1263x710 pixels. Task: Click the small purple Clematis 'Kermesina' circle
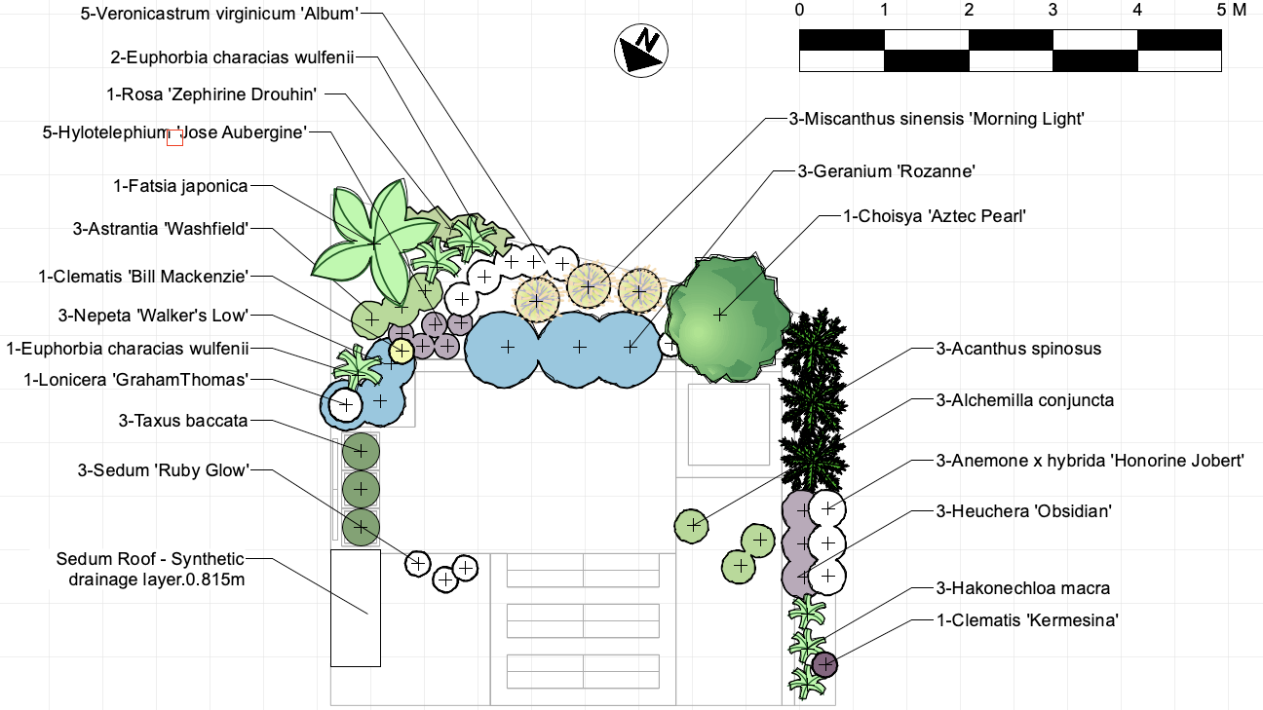824,664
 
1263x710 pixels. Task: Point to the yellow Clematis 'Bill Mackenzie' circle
402,351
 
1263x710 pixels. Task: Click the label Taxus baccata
183,421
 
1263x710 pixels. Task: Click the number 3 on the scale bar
1052,11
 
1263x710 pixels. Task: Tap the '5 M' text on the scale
1231,11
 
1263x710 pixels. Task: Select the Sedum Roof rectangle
355,608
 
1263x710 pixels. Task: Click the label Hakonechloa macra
1022,588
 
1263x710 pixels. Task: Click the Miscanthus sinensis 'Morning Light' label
937,119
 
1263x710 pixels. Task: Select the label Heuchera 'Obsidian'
1023,510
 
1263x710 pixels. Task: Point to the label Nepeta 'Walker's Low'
154,315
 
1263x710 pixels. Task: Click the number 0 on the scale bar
799,11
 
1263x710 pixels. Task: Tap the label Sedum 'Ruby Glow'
164,470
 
